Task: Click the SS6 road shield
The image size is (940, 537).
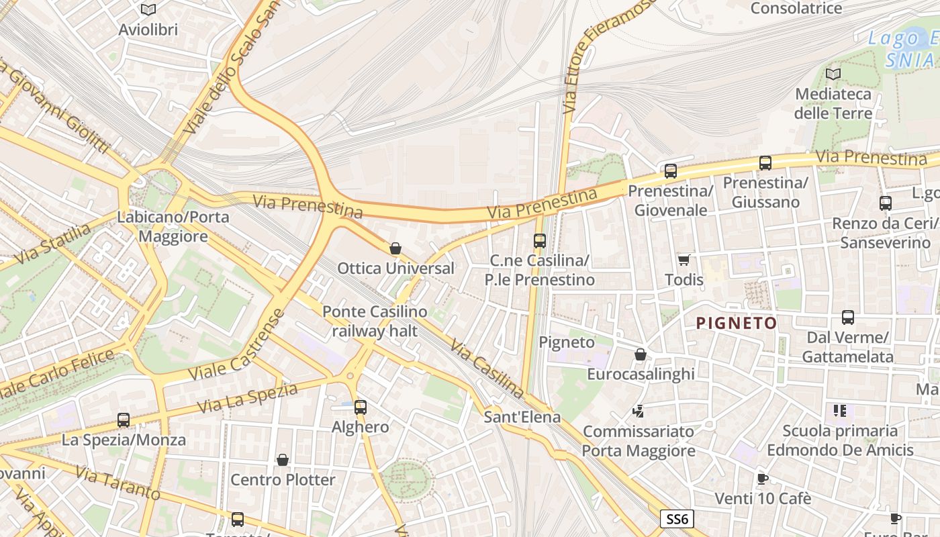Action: point(677,519)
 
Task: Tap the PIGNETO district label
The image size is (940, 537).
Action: point(736,324)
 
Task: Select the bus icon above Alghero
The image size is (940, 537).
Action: point(361,407)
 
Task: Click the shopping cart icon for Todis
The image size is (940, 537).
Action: point(684,260)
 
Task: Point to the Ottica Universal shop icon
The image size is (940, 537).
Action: point(395,248)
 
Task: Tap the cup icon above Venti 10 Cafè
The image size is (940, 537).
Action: point(762,479)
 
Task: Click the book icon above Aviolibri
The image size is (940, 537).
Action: point(148,9)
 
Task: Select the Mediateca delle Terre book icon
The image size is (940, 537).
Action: point(833,74)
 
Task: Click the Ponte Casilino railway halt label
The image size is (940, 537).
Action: point(375,321)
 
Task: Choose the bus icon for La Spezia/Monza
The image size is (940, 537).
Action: point(124,420)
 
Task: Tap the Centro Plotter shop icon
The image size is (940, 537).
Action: point(283,460)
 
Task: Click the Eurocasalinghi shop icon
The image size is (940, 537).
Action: point(641,354)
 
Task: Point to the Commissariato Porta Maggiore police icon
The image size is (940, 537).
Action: point(639,410)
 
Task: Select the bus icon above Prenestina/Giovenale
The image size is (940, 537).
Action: point(670,171)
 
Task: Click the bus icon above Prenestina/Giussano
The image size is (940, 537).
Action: point(765,162)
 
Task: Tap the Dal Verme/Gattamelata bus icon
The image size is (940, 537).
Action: point(847,318)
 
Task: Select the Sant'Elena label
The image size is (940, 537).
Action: point(522,417)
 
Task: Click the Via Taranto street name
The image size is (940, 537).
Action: point(117,483)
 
